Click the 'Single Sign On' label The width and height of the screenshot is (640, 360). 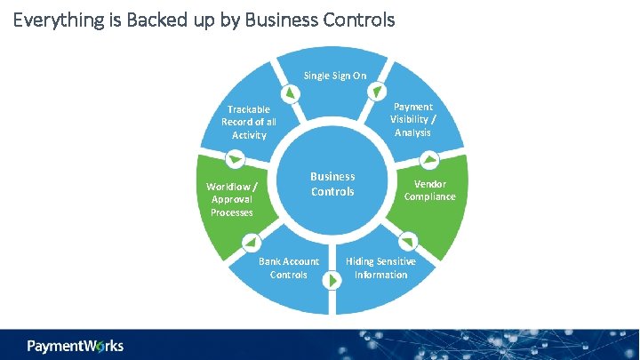pos(334,76)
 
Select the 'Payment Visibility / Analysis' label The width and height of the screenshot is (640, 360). pos(412,119)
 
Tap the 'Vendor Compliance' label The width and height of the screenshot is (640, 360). pos(429,190)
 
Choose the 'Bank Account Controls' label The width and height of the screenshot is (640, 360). pos(289,268)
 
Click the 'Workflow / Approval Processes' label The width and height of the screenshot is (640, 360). pos(232,199)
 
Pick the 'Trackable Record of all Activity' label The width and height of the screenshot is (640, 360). pos(249,122)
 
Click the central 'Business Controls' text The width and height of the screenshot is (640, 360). pos(332,184)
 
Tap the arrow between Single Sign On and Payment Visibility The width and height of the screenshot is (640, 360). pos(378,92)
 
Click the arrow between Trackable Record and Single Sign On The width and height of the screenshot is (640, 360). pos(290,93)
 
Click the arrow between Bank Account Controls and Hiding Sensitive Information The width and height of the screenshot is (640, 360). pos(331,281)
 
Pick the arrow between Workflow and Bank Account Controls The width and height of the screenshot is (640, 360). pos(252,242)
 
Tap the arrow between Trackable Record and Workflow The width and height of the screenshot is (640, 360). pos(236,160)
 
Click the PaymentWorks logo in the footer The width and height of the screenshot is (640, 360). pos(76,345)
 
